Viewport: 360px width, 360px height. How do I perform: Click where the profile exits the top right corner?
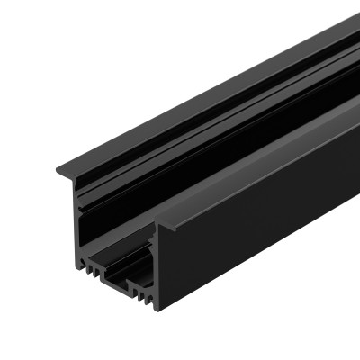[x=346, y=27]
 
